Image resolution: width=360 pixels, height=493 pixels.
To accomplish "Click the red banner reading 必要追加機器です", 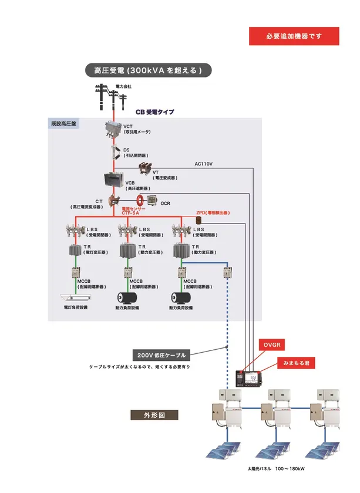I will point(294,36).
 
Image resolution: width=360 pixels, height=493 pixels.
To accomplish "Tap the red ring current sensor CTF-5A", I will point(141,201).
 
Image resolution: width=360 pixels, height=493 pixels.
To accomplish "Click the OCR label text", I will point(165,203).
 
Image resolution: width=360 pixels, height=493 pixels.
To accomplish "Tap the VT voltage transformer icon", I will point(144,169).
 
